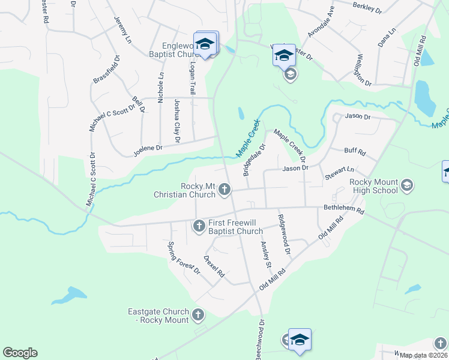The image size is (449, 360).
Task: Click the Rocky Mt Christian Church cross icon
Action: click(224, 190)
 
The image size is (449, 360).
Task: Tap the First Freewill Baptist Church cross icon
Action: click(199, 226)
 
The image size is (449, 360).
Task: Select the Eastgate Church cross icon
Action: click(198, 314)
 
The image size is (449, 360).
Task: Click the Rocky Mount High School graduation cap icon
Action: click(408, 184)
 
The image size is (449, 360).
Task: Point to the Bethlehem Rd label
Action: click(344, 210)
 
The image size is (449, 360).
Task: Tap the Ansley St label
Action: click(266, 254)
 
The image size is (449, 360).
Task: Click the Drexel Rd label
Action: click(213, 266)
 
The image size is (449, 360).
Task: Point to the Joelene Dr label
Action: click(147, 147)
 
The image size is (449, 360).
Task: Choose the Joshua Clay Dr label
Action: click(177, 121)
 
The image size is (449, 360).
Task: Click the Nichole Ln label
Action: click(160, 88)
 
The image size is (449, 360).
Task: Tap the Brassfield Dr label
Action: click(106, 69)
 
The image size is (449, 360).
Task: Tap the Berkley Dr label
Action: click(367, 7)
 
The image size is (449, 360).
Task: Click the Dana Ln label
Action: click(387, 37)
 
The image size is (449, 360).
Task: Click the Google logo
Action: click(20, 353)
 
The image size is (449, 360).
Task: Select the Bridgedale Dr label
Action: click(254, 160)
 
